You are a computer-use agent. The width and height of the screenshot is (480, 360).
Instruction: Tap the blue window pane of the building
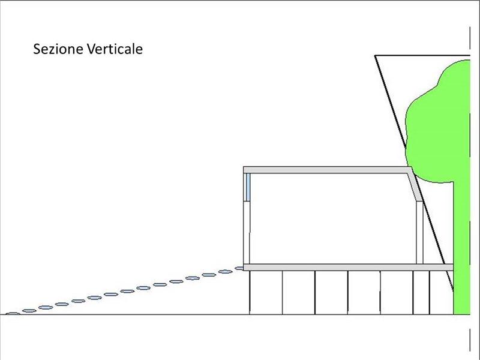click(247, 188)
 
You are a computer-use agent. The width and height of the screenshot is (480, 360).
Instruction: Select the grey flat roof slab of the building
click(324, 170)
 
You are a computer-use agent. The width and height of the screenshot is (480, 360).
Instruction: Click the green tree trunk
click(461, 252)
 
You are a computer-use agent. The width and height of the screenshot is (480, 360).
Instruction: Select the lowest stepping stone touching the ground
click(12, 313)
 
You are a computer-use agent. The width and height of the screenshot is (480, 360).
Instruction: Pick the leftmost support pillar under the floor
click(250, 292)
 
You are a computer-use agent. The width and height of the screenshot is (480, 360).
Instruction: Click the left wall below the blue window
click(247, 234)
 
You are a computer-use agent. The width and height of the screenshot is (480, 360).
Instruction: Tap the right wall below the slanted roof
click(420, 234)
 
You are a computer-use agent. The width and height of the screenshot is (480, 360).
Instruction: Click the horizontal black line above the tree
click(420, 56)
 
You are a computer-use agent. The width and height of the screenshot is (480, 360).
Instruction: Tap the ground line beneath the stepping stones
click(120, 314)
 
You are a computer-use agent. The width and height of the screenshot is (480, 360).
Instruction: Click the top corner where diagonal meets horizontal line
click(376, 56)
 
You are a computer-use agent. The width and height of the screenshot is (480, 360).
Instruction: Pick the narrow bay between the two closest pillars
click(421, 292)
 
